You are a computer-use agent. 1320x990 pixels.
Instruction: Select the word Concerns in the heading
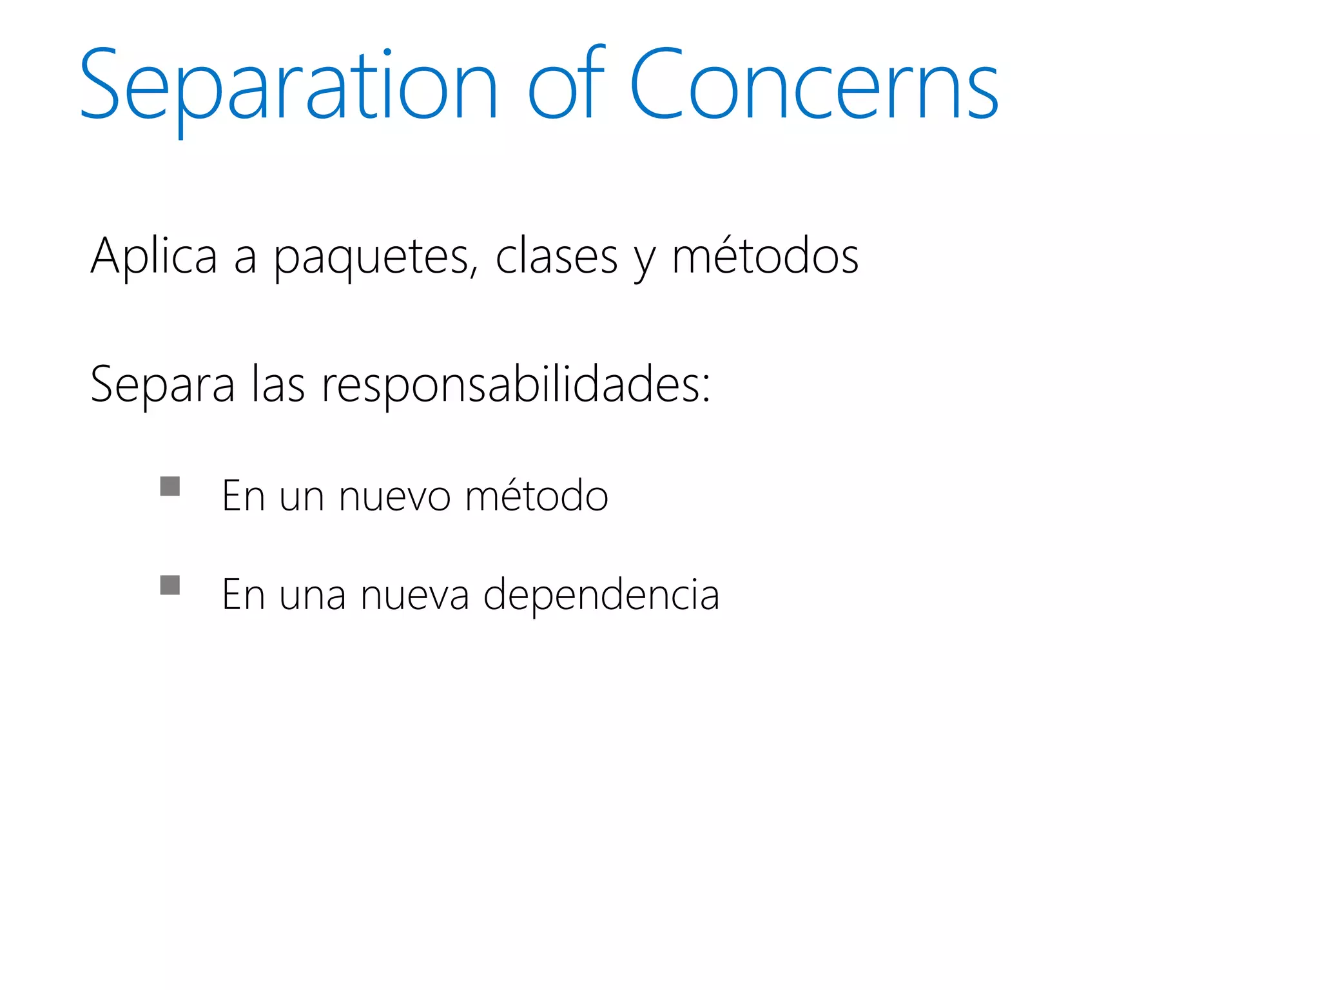pyautogui.click(x=813, y=86)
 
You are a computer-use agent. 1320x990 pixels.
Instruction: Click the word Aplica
pyautogui.click(x=154, y=257)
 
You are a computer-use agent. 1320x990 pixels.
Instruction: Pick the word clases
pyautogui.click(x=556, y=257)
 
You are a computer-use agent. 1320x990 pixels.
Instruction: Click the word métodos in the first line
pyautogui.click(x=765, y=257)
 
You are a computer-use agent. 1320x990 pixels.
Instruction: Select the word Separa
pyautogui.click(x=162, y=385)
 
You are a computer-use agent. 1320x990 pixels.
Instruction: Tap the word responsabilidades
pyautogui.click(x=509, y=385)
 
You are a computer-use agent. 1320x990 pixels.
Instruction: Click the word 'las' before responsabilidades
pyautogui.click(x=278, y=385)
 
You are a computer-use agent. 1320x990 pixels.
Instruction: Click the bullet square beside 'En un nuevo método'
pyautogui.click(x=170, y=486)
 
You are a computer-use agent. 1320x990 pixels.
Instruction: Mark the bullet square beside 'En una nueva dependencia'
pyautogui.click(x=170, y=585)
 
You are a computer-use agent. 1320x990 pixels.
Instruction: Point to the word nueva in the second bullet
pyautogui.click(x=414, y=595)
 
